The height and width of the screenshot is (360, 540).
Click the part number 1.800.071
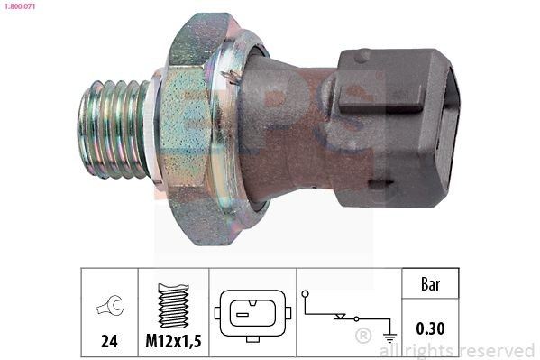click(x=17, y=6)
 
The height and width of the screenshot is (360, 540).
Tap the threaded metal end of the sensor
click(x=113, y=128)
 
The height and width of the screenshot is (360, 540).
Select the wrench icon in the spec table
click(x=109, y=307)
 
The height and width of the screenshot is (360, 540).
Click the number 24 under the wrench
click(x=109, y=342)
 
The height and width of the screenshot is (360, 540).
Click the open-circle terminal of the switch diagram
click(x=306, y=294)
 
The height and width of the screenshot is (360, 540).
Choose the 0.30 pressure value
click(x=431, y=328)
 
